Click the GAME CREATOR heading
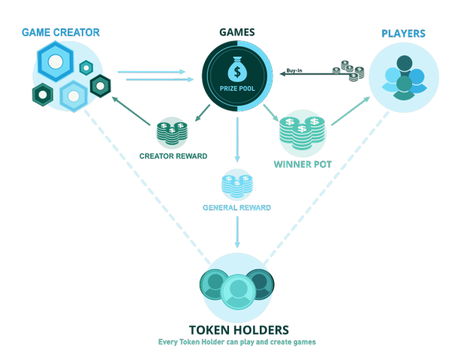(60, 32)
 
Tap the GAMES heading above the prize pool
(237, 32)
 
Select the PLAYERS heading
(403, 33)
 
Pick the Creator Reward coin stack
(172, 133)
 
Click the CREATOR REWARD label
(173, 156)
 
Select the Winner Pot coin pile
(302, 132)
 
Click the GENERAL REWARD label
(237, 207)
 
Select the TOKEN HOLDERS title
(238, 329)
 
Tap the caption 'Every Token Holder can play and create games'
(238, 341)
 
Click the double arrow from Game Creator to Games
(154, 74)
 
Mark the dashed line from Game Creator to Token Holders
(143, 180)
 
